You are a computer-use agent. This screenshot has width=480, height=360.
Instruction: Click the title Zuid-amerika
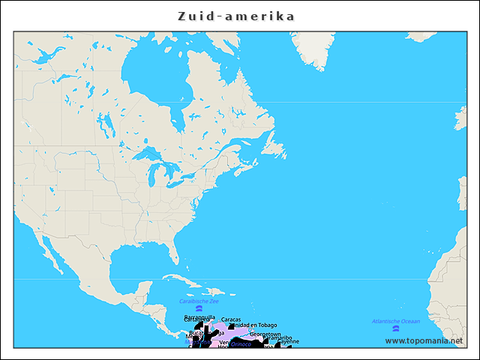coord(236,16)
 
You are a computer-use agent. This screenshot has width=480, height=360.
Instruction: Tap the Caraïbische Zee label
coord(199,301)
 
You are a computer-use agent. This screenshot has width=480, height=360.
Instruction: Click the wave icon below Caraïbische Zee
coord(199,309)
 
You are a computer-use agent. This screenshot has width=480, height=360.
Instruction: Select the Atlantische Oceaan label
coord(396,321)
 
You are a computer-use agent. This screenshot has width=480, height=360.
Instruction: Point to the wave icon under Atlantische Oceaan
coord(396,329)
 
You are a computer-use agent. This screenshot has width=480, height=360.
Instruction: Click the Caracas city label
coord(231,319)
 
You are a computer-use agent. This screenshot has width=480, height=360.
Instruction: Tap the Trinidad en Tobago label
coord(253,325)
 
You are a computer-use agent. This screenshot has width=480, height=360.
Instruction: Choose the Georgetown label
coord(265,334)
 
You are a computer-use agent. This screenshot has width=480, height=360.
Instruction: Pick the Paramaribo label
coord(278,338)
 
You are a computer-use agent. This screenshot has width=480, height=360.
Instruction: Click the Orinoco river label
coord(241,344)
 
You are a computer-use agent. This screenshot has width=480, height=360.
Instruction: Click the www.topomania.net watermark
coord(424,340)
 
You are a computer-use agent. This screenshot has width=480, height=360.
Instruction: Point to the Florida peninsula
coord(173,255)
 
